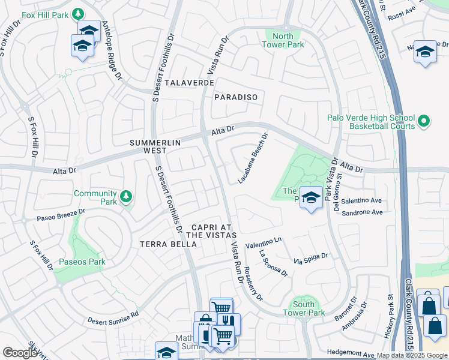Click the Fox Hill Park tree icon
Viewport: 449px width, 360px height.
tap(78, 13)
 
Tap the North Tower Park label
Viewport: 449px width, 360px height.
tap(284, 40)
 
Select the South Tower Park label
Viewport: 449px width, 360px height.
tap(304, 308)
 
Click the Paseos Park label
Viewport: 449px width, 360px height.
tap(82, 262)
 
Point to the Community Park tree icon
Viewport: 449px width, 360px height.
tap(125, 197)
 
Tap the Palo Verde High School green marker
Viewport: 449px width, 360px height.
tap(424, 122)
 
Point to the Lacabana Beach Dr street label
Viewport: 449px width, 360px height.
tap(252, 158)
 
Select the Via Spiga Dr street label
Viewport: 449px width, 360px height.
tap(310, 259)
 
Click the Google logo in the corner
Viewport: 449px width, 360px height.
tap(20, 352)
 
